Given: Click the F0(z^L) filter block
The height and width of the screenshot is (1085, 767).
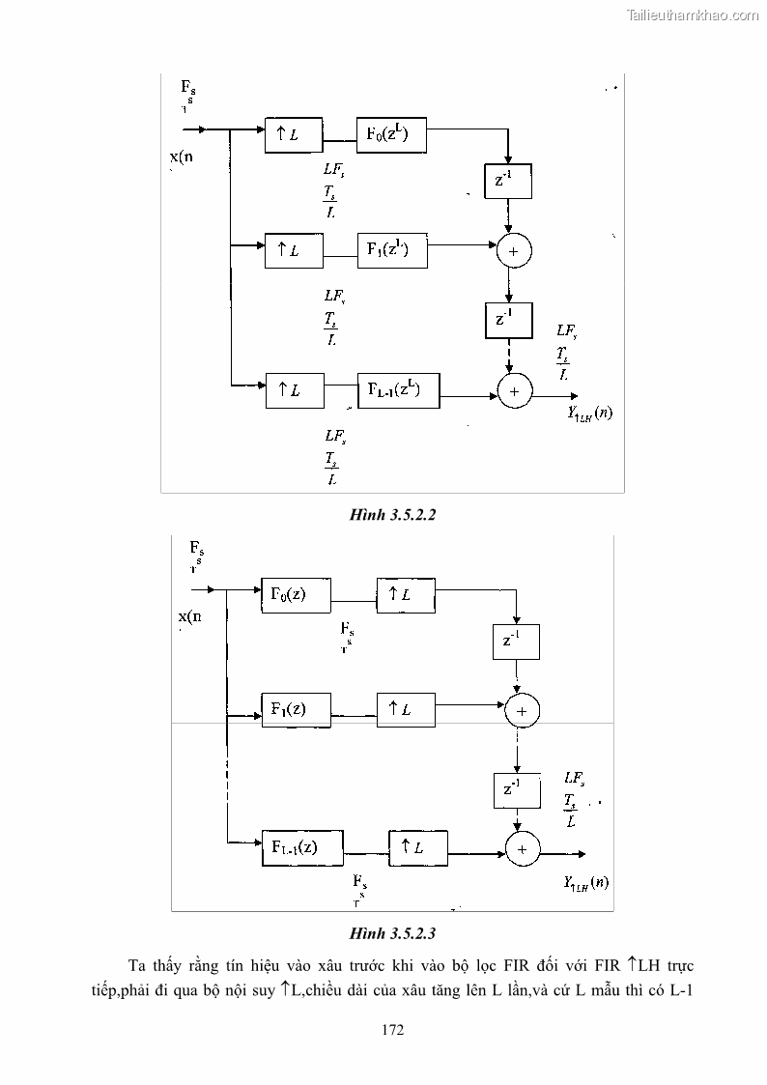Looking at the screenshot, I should point(390,135).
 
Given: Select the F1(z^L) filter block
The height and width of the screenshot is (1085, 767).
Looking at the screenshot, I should point(390,250).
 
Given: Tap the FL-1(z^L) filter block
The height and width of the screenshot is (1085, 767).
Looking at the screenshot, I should point(399,389).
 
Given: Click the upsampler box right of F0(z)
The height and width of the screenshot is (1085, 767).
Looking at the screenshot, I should point(405,595).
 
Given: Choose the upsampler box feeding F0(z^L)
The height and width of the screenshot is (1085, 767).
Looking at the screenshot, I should point(294,136).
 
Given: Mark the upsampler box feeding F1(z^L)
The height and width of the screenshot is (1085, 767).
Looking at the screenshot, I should point(294,251).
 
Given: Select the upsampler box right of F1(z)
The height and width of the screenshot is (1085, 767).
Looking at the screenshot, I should point(405,709).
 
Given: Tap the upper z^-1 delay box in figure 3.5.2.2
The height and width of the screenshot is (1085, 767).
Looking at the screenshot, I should point(507,181).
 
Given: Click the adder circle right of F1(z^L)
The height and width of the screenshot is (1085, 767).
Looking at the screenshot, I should point(514,251).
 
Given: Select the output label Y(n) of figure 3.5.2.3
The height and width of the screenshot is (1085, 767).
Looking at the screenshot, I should point(585,882).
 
